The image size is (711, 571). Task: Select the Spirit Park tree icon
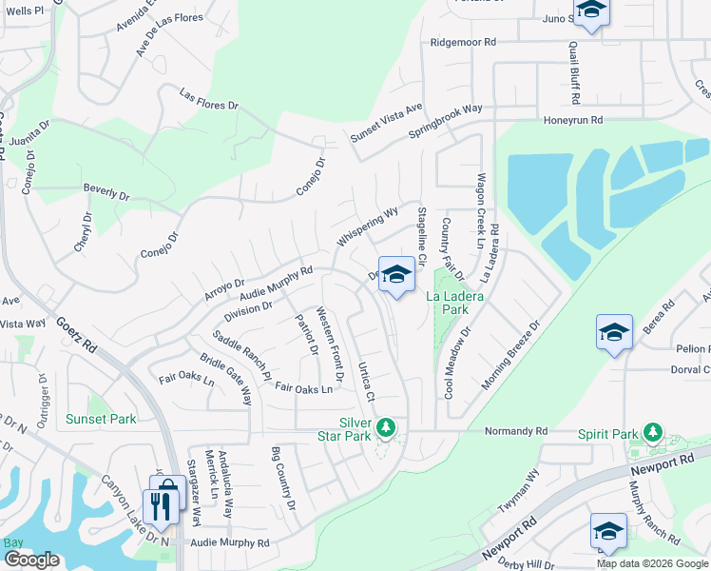[x=652, y=433]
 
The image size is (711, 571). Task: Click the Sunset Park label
[x=101, y=419]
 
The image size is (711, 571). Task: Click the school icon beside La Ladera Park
[x=396, y=275]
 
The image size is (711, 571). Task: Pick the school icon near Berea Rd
[x=614, y=333]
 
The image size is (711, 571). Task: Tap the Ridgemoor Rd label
[x=463, y=42]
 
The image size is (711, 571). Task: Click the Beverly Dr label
[x=106, y=192]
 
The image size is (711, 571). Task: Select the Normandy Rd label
[x=516, y=430]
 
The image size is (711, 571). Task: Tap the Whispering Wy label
[x=365, y=227]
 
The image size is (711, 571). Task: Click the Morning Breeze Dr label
[x=510, y=354]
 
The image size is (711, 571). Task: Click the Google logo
[x=31, y=559]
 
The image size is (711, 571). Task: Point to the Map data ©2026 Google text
[x=651, y=562]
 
